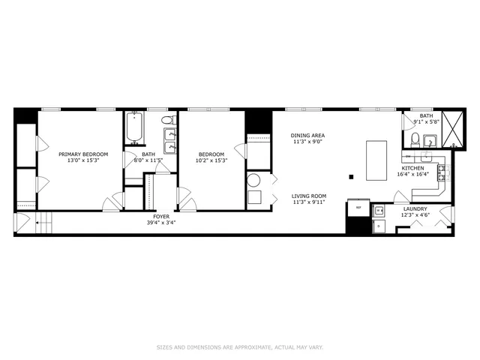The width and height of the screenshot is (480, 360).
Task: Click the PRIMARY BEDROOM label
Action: [x=82, y=154]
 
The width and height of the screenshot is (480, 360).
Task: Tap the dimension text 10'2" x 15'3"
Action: [x=211, y=160]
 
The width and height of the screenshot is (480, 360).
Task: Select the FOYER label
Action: [x=163, y=217]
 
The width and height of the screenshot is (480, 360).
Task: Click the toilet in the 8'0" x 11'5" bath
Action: [x=166, y=120]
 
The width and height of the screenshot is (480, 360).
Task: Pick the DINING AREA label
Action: [x=307, y=136]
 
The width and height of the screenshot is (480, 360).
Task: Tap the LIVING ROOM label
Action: [x=309, y=196]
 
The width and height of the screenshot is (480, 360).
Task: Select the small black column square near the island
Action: [x=351, y=177]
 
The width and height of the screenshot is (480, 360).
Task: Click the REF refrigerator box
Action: [x=358, y=208]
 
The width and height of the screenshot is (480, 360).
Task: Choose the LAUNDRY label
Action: [x=415, y=209]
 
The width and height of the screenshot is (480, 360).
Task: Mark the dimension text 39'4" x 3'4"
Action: [x=163, y=223]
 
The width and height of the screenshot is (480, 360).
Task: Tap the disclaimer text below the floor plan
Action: [x=239, y=346]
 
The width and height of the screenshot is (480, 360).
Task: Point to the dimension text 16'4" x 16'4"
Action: [x=412, y=174]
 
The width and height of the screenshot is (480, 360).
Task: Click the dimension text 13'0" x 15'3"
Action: [x=82, y=160]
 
